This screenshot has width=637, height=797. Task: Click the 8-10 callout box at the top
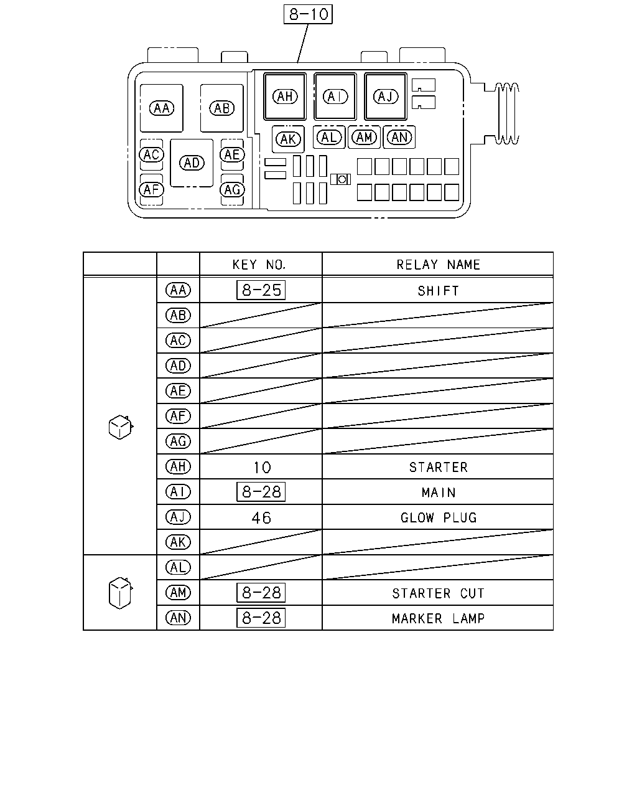click(x=308, y=14)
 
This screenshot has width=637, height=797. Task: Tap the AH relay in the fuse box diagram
click(x=285, y=97)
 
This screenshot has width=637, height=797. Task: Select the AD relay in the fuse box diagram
click(x=192, y=163)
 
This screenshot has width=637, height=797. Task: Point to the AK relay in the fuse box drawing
click(x=288, y=139)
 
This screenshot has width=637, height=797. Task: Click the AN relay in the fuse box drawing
click(x=399, y=138)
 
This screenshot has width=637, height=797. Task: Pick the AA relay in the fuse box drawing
click(x=161, y=108)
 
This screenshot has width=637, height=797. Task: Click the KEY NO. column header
click(x=259, y=265)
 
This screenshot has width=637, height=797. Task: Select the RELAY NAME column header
click(x=438, y=265)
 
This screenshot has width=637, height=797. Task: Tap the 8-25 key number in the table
click(x=261, y=290)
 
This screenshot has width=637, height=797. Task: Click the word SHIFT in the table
click(x=438, y=291)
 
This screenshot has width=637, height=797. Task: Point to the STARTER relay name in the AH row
click(x=438, y=467)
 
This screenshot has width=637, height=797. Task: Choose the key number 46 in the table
click(x=261, y=517)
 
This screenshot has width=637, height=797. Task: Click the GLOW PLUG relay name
click(x=439, y=517)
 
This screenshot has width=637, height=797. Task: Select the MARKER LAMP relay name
click(x=438, y=618)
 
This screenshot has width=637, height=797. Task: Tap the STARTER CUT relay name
click(x=438, y=593)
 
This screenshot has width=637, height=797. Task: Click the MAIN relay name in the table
click(x=439, y=492)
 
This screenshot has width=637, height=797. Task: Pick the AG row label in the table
click(x=178, y=441)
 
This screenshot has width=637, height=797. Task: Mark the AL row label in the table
click(x=178, y=567)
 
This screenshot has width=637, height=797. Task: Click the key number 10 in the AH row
click(x=262, y=468)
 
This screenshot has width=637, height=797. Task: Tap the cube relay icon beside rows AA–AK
click(x=121, y=427)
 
